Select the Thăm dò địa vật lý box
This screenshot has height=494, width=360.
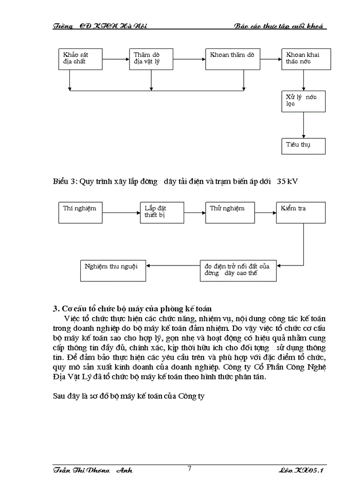[x=151, y=59]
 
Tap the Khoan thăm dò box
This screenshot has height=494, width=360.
[x=231, y=59]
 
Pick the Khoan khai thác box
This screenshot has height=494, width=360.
[x=305, y=59]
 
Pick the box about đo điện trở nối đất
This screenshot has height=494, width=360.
[x=238, y=271]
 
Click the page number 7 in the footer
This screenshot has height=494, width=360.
[x=189, y=468]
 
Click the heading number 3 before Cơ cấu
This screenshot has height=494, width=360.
[x=56, y=309]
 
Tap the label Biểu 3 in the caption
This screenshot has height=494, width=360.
[x=65, y=182]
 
